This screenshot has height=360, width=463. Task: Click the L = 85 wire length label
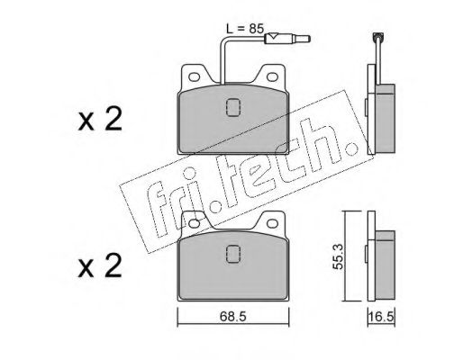(x=245, y=29)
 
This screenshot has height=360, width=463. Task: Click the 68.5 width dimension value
(x=232, y=317)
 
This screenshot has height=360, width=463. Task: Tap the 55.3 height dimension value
(x=339, y=256)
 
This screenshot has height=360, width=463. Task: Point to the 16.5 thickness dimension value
(x=381, y=317)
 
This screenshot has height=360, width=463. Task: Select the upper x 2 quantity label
(x=100, y=120)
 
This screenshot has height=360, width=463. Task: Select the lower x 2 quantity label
(x=100, y=265)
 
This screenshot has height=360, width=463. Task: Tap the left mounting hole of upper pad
(x=195, y=77)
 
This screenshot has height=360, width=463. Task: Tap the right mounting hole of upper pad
(x=272, y=77)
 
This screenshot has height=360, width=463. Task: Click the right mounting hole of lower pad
(x=272, y=223)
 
